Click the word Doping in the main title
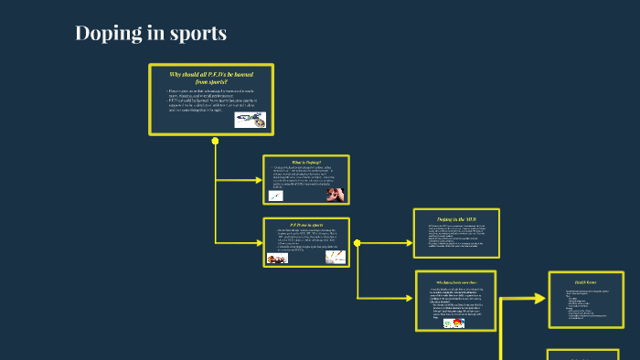coord(108,34)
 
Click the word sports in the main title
coord(195,35)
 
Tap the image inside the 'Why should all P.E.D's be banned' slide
coord(250,120)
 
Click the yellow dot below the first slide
coord(215,141)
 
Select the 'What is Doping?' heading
coord(305,162)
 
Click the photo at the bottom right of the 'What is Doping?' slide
coord(335,194)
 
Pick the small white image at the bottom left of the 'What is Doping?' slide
coord(276,196)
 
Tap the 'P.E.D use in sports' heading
coord(305,225)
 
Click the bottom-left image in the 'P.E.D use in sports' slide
coord(277,259)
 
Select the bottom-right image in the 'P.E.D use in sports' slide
coord(334,259)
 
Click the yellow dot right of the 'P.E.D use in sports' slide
coord(357,243)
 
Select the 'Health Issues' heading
coord(586,282)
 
